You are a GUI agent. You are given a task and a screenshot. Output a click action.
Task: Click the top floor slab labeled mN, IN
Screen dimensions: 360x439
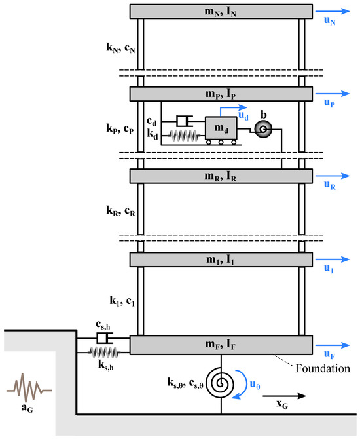[221, 12]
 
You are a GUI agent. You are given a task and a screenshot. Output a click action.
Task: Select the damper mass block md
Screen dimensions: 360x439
[221, 128]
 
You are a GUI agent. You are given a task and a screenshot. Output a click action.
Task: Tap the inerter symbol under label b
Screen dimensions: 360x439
[263, 129]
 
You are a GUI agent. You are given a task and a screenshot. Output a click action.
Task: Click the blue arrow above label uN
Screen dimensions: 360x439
[333, 11]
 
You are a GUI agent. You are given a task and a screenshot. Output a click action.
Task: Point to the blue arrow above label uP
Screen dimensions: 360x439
[333, 94]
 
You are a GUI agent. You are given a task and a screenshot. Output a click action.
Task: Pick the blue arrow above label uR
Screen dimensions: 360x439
[333, 176]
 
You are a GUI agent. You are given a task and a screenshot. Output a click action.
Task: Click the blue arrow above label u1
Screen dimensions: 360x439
[333, 259]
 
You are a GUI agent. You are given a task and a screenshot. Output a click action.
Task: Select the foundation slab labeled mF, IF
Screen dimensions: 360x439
[221, 345]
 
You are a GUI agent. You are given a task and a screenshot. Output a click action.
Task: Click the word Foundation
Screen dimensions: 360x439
[323, 368]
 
